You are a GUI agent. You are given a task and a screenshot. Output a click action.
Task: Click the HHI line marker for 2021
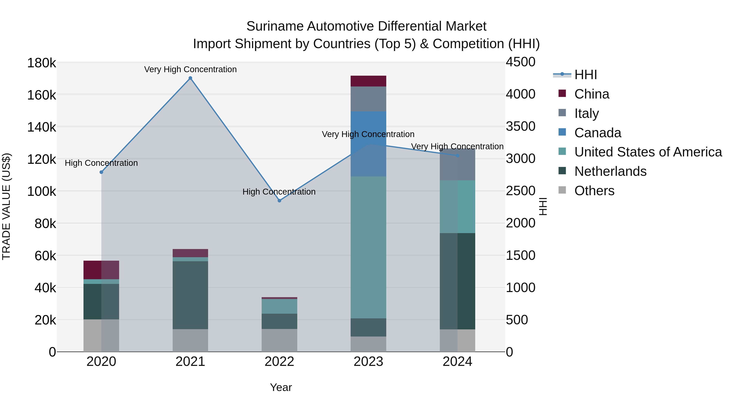pos(190,78)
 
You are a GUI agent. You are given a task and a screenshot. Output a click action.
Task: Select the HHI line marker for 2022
pos(279,201)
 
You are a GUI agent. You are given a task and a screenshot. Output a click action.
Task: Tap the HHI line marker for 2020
pos(101,172)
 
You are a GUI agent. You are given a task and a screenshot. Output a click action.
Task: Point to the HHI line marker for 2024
pos(458,156)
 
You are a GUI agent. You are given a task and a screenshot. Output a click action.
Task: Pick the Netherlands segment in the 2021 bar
pos(190,295)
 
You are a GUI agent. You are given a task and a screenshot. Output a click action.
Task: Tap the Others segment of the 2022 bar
pos(279,340)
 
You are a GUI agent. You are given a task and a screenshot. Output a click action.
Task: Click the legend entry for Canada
pos(598,133)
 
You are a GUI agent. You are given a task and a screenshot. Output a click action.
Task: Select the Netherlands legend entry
pos(610,171)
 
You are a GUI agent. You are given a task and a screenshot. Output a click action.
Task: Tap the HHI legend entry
pos(585,75)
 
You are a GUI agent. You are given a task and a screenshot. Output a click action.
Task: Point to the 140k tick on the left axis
pos(42,127)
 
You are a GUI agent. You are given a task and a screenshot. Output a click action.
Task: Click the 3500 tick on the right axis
pos(520,126)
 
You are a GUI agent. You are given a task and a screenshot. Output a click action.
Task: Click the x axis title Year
pos(281,387)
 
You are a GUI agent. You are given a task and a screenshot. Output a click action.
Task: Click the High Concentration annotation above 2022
pos(279,192)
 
